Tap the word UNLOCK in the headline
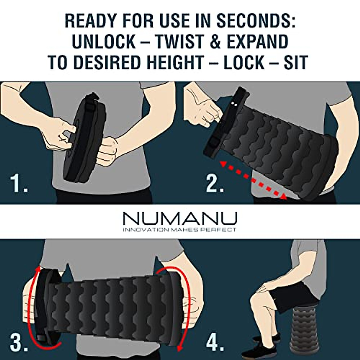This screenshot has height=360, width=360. point(103,41)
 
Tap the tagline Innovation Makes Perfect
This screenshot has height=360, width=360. point(180,230)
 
